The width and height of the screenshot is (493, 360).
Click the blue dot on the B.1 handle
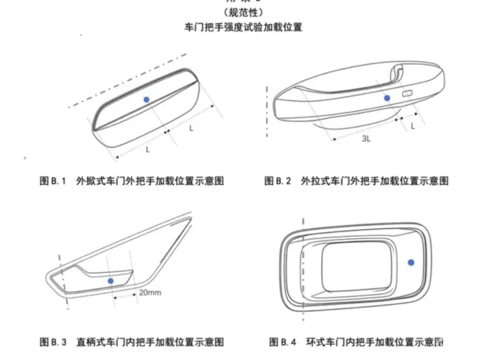click(146, 99)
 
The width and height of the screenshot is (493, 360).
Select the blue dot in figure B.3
click(111, 280)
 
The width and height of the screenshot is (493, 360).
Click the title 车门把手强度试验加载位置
click(243, 27)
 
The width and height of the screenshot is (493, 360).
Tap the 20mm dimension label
click(149, 294)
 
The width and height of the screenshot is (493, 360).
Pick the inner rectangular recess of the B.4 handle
click(354, 263)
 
